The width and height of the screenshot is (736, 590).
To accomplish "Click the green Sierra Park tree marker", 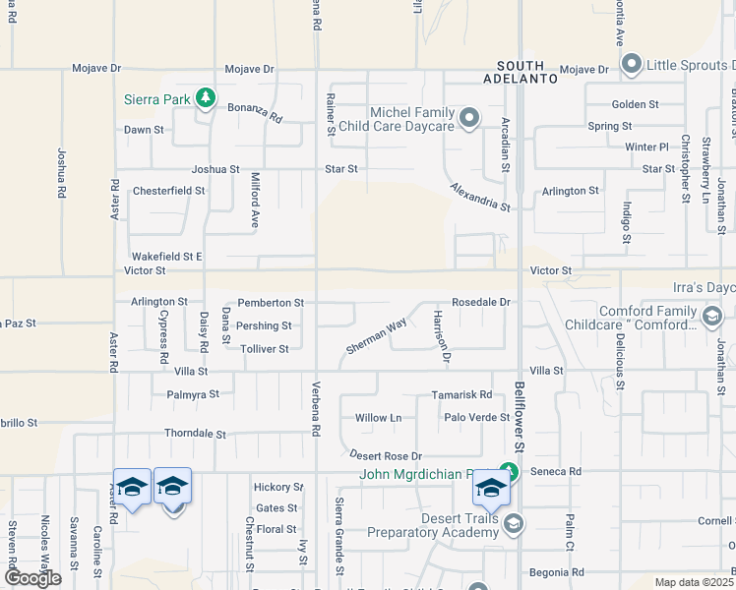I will point(205,98).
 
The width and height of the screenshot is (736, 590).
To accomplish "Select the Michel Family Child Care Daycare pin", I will point(469,120).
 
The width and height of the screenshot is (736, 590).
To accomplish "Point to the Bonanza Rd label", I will point(255,112).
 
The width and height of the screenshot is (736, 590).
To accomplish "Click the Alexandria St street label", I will point(480,197).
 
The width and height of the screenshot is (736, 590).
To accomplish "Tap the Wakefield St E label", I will point(167,256).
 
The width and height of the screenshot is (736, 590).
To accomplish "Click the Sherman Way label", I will point(376,336).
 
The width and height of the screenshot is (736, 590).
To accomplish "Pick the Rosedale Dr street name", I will point(481,302).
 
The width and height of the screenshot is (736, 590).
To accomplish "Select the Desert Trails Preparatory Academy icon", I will point(513,525).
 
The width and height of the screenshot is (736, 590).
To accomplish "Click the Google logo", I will point(32,578).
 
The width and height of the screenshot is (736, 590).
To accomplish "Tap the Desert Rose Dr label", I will point(386,455).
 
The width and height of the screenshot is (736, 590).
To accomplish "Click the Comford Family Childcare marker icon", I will point(713,317).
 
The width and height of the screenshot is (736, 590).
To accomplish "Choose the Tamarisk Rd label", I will point(461,394).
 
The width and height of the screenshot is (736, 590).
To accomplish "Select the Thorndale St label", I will point(195,434).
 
